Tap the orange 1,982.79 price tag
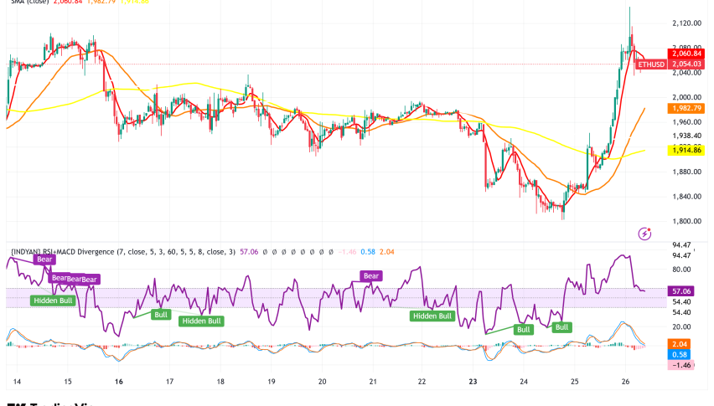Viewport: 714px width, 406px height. [x=686, y=108]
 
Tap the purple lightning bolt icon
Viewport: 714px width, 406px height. [x=644, y=233]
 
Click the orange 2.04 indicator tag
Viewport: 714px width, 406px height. [x=679, y=344]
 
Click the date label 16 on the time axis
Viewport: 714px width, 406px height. [x=119, y=381]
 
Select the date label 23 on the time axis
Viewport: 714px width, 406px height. [x=473, y=381]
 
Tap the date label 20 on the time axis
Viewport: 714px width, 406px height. [x=322, y=381]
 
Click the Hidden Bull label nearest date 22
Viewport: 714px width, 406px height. [x=433, y=316]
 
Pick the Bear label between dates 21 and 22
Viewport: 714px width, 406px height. [x=371, y=275]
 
